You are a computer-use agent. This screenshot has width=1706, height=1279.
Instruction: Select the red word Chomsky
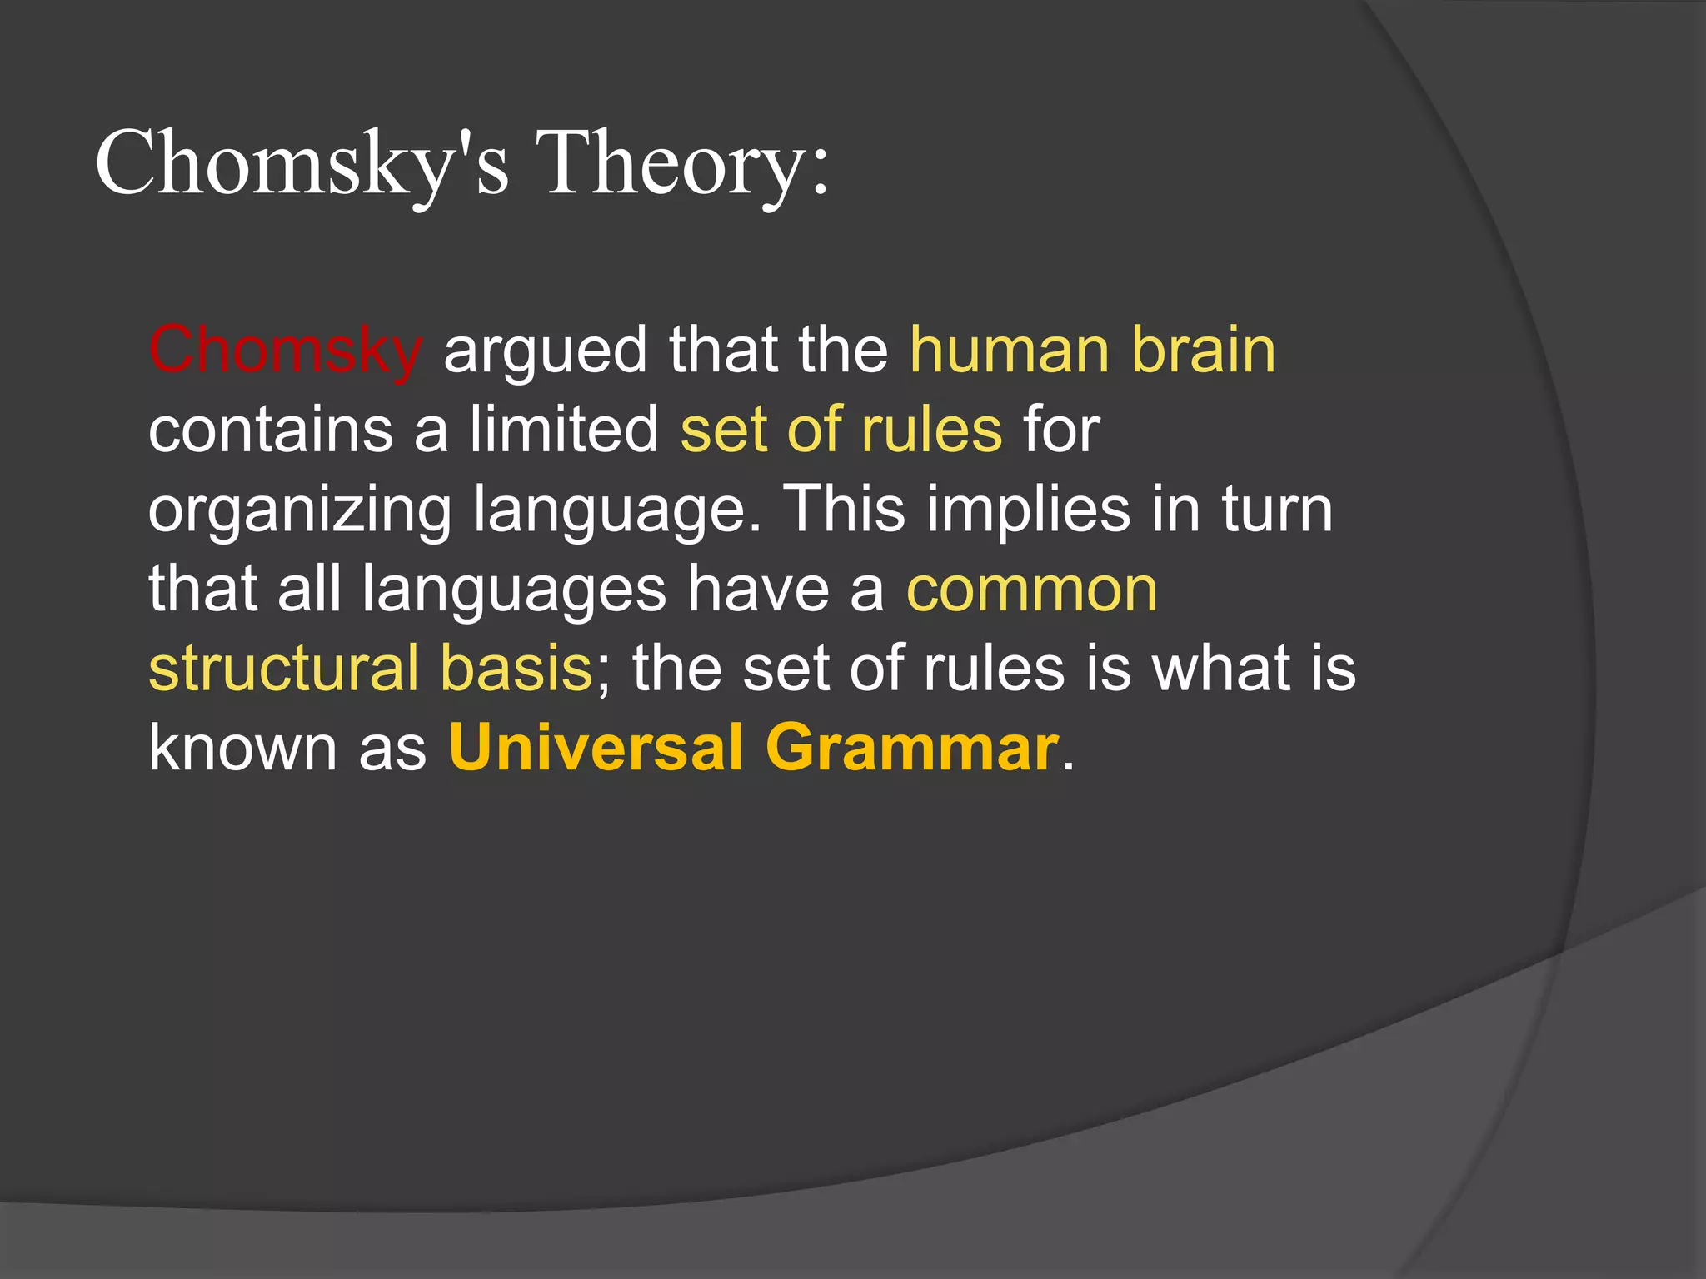pos(286,350)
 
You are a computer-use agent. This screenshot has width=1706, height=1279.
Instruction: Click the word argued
pos(545,350)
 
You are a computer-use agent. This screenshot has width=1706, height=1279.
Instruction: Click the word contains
pos(271,430)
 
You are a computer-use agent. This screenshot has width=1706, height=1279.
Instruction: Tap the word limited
pos(564,430)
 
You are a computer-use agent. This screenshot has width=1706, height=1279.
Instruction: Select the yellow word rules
pos(931,430)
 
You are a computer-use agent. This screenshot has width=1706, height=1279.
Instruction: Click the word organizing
pos(300,510)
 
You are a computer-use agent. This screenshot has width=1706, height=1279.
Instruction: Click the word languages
pos(514,590)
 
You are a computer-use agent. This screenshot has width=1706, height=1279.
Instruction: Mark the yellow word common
pos(1031,590)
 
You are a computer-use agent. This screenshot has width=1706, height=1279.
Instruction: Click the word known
pos(243,747)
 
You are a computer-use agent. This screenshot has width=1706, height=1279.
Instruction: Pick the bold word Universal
pos(596,747)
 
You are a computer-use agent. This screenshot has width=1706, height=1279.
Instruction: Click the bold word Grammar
pos(912,747)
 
